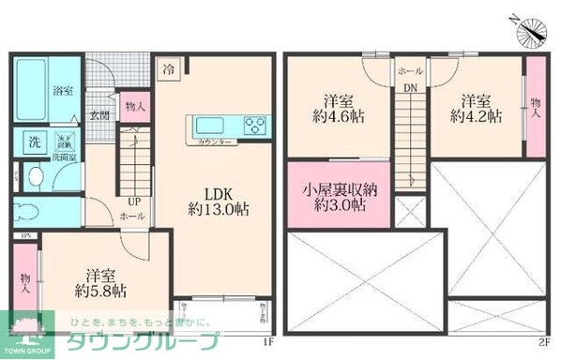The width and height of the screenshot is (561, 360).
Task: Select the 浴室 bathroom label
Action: [63, 92]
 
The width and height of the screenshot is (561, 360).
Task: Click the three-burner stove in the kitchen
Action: [254, 125]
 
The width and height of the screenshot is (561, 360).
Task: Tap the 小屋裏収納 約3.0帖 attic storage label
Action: [340, 198]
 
